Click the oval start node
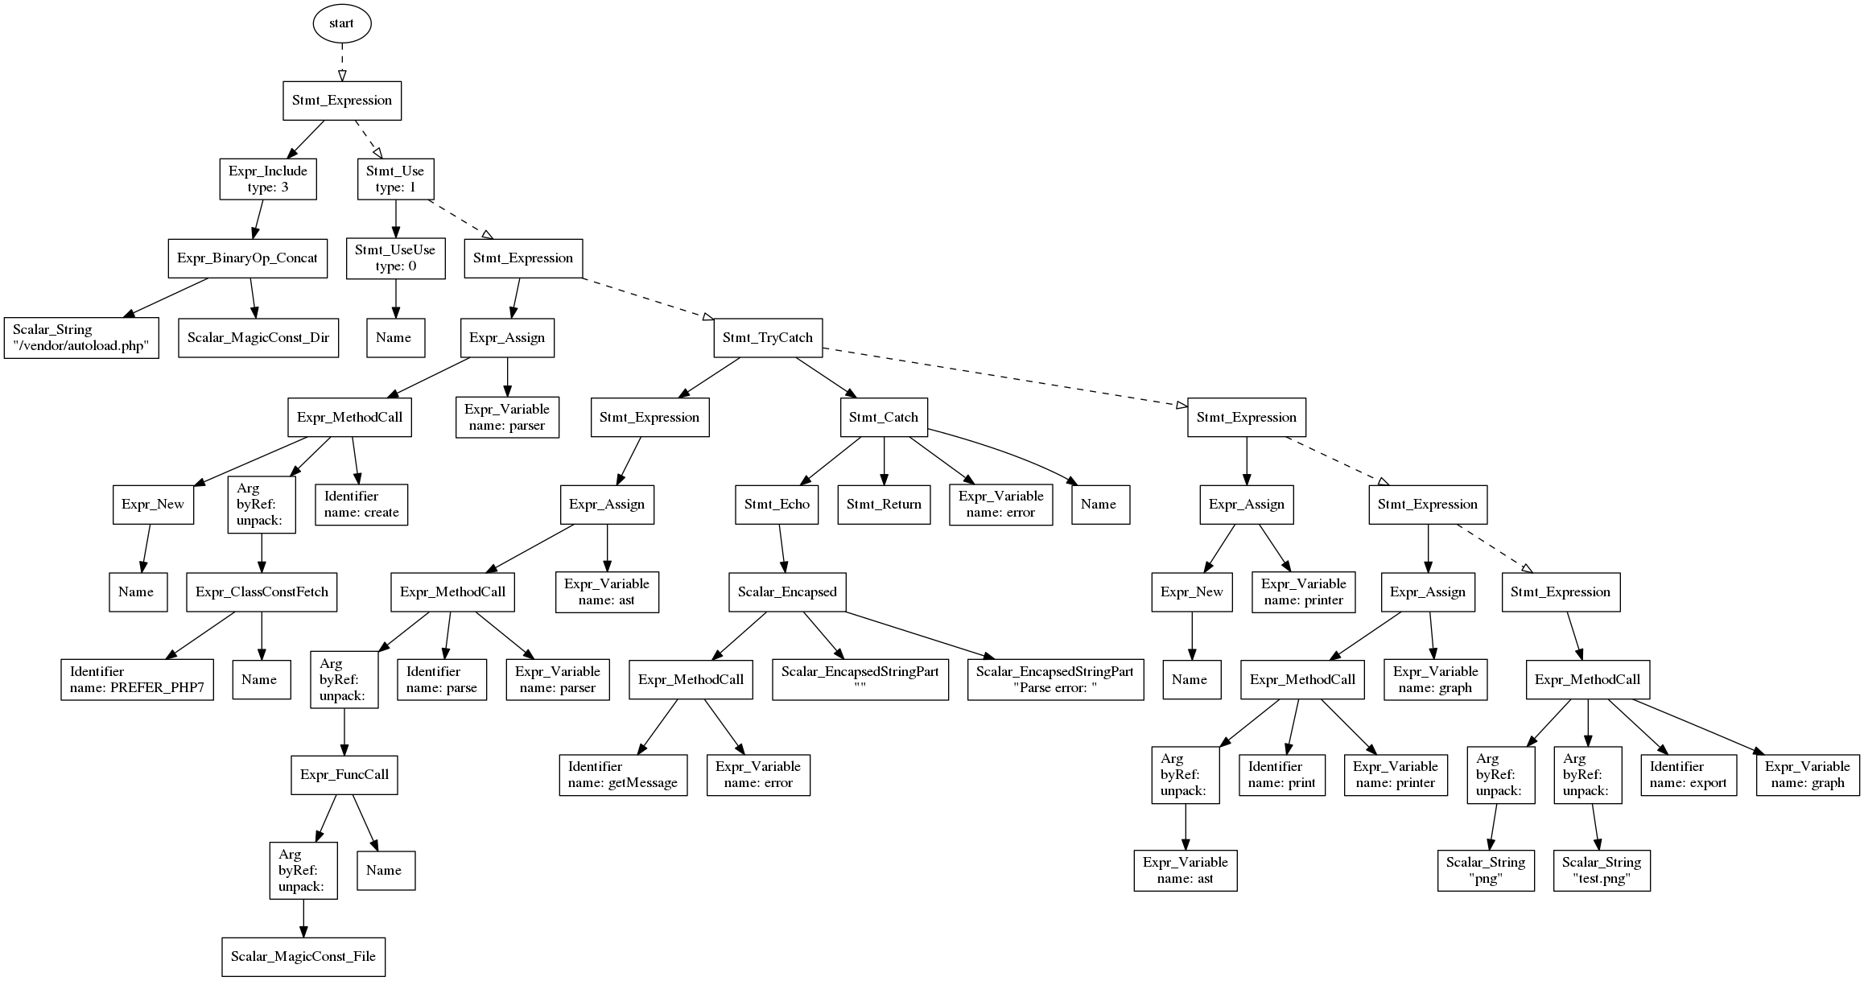[341, 23]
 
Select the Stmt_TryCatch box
[767, 338]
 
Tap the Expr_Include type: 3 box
[267, 179]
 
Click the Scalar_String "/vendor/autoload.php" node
[81, 338]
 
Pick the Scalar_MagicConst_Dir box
[258, 338]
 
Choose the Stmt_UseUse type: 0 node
[395, 258]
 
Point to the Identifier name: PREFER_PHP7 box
[137, 680]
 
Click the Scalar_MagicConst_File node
[303, 957]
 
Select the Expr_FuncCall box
[344, 775]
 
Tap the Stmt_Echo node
[777, 505]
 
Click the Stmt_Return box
[884, 505]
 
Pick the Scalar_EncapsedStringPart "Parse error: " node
[1054, 680]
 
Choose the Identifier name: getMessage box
[623, 775]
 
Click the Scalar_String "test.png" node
[1601, 870]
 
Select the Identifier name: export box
[1688, 775]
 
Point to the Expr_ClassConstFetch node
[262, 592]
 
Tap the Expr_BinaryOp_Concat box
[247, 258]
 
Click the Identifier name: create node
[361, 505]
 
